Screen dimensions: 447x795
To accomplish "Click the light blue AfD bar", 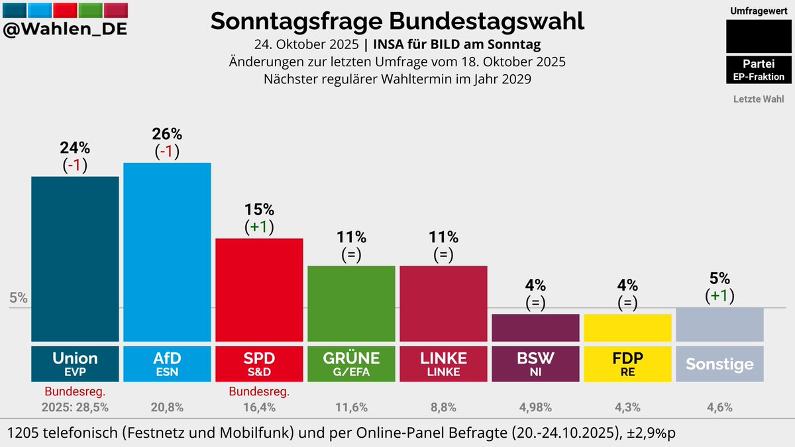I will click(167, 252).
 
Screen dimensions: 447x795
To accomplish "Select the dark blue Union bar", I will click(75, 258).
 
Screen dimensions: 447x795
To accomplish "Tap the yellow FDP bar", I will click(627, 327).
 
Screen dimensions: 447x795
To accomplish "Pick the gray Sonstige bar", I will click(719, 324).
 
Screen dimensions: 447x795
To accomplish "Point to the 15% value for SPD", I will click(259, 210).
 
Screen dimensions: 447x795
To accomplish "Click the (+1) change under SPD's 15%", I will click(259, 226).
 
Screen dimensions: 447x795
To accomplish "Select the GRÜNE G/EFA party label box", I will click(351, 364).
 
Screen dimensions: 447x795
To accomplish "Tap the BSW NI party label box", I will click(535, 364).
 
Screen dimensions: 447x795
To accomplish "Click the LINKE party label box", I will click(443, 364).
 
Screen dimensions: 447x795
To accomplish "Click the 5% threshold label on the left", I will click(19, 298).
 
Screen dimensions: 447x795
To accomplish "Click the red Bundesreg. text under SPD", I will click(259, 392).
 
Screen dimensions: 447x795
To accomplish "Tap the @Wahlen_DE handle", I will click(65, 30).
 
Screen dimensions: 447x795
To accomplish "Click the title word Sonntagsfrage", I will click(296, 21).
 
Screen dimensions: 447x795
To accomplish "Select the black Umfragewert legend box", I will click(759, 36).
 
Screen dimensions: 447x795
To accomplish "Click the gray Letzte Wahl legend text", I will click(759, 99).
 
